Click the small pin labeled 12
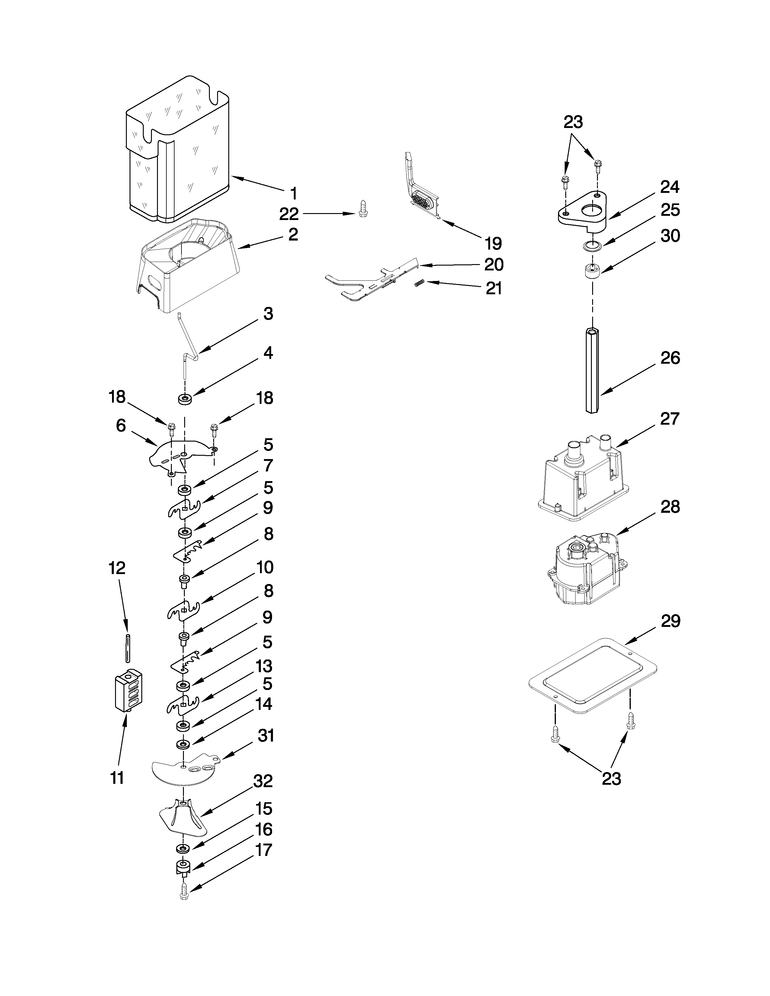point(128,648)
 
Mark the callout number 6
point(120,426)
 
